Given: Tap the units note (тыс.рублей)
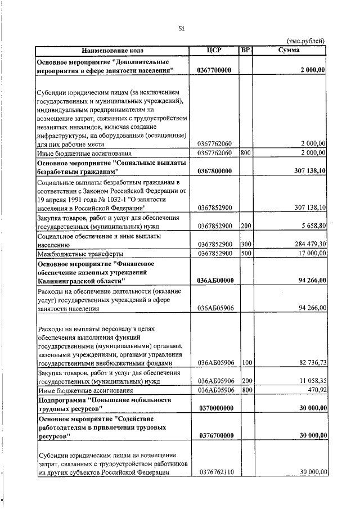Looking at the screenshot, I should pyautogui.click(x=305, y=41).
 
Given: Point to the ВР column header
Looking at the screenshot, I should pyautogui.click(x=245, y=50).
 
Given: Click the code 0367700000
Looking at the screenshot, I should pyautogui.click(x=215, y=70).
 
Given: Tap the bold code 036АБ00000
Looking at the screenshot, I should pyautogui.click(x=215, y=280).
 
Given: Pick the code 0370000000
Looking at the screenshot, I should pyautogui.click(x=215, y=408).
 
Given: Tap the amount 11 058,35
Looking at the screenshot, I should pyautogui.click(x=308, y=381).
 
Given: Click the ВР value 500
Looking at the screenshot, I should pyautogui.click(x=245, y=253).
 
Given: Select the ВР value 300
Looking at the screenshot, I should pyautogui.click(x=245, y=244).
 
